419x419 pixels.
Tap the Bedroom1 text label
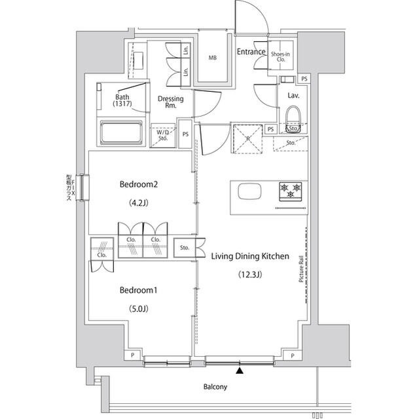pyautogui.click(x=139, y=290)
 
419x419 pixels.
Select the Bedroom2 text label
pyautogui.click(x=139, y=184)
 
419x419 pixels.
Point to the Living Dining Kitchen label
pyautogui.click(x=249, y=257)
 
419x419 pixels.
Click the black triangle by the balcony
pyautogui.click(x=240, y=371)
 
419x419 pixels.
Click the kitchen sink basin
pyautogui.click(x=249, y=192)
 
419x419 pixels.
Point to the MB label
pyautogui.click(x=212, y=58)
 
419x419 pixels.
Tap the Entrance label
pyautogui.click(x=251, y=52)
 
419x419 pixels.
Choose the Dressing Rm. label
pyautogui.click(x=170, y=102)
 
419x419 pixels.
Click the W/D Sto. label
pyautogui.click(x=162, y=134)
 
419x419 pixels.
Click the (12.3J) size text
pyautogui.click(x=249, y=275)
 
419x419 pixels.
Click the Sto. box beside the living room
pyautogui.click(x=185, y=248)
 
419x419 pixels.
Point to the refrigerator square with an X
pyautogui.click(x=247, y=137)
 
